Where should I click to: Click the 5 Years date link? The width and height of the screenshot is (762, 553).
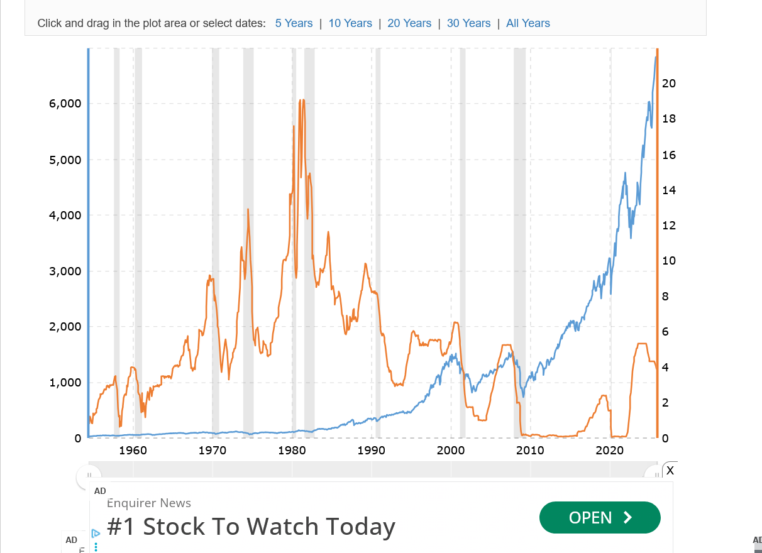[x=294, y=23]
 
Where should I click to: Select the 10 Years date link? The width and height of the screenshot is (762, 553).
[x=350, y=23]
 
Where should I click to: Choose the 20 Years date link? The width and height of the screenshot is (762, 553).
[x=409, y=23]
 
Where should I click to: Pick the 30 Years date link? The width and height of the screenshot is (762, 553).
[x=468, y=23]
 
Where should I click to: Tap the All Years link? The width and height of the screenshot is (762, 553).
[x=527, y=23]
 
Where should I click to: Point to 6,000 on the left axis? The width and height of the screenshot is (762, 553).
[x=65, y=104]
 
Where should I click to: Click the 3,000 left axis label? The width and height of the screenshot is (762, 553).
[x=65, y=271]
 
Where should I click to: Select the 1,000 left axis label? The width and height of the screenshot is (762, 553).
[x=65, y=383]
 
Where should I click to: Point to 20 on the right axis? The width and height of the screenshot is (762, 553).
[x=669, y=84]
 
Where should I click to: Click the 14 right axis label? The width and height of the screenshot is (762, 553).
[x=669, y=190]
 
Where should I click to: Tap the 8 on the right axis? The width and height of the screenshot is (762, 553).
[x=666, y=296]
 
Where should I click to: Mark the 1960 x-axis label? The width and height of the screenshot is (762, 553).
[x=133, y=451]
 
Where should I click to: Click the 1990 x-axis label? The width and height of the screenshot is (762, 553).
[x=371, y=451]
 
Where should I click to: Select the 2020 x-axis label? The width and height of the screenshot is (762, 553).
[x=609, y=451]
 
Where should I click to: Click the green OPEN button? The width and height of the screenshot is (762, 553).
[x=600, y=517]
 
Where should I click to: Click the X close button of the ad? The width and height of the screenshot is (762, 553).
[x=670, y=470]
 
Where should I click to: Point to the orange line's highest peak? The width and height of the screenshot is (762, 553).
[x=302, y=100]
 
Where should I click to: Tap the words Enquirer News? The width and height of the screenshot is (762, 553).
[x=149, y=503]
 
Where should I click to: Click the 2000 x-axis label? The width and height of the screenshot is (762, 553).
[x=451, y=451]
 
